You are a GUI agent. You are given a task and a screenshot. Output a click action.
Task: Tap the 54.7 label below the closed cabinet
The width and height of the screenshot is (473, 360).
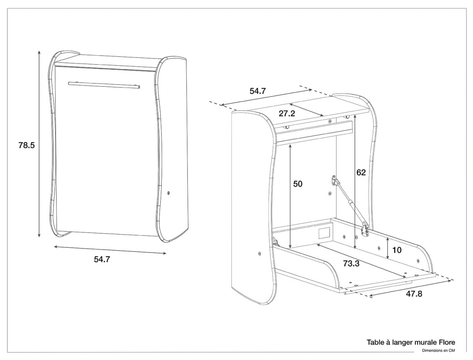[102, 259]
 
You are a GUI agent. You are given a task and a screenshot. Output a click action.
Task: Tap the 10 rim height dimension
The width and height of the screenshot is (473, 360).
[397, 250]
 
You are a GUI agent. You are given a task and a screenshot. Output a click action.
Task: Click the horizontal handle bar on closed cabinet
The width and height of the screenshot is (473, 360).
[104, 85]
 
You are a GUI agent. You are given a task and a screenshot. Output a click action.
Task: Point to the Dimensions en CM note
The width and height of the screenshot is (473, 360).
[438, 351]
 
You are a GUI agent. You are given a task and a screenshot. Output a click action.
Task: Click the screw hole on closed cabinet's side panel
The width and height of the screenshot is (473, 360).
[169, 193]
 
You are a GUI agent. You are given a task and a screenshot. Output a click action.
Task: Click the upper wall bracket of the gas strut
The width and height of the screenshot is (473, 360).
[334, 181]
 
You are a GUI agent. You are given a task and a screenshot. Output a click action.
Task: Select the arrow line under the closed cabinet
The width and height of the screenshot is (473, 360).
[110, 250]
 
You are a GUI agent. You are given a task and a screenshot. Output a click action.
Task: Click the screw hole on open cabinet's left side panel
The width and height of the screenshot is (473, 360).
[260, 254]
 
